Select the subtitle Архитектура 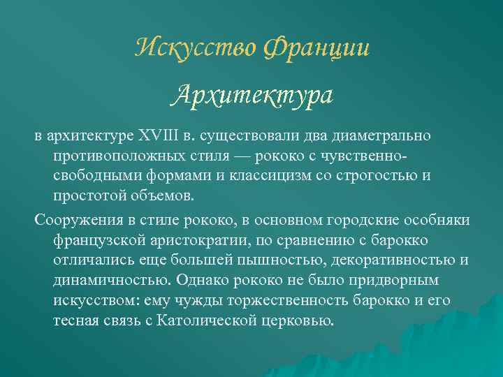click(251, 94)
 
